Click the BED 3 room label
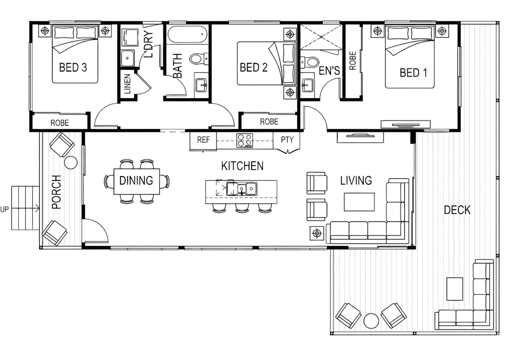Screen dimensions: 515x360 (73, 67)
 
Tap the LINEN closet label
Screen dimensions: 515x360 (127, 84)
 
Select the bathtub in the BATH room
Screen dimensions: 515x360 (187, 34)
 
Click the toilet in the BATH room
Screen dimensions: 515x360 (199, 59)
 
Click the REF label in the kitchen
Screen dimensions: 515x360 (203, 139)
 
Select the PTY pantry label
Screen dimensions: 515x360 (287, 139)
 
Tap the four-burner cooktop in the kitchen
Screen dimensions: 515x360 (245, 140)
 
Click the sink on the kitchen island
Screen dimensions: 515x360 (242, 189)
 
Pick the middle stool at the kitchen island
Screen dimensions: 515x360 (242, 208)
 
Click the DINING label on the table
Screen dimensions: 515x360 (136, 181)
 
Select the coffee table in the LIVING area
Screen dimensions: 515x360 (359, 202)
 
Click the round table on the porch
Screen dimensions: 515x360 (71, 163)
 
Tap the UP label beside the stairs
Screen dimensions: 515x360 (4, 209)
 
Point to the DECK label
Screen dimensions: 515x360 (457, 210)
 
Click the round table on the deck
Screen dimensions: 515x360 (371, 321)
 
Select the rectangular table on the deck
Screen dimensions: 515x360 (455, 289)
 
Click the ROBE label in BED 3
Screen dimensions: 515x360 (60, 123)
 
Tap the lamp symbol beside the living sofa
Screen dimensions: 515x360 (317, 234)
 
